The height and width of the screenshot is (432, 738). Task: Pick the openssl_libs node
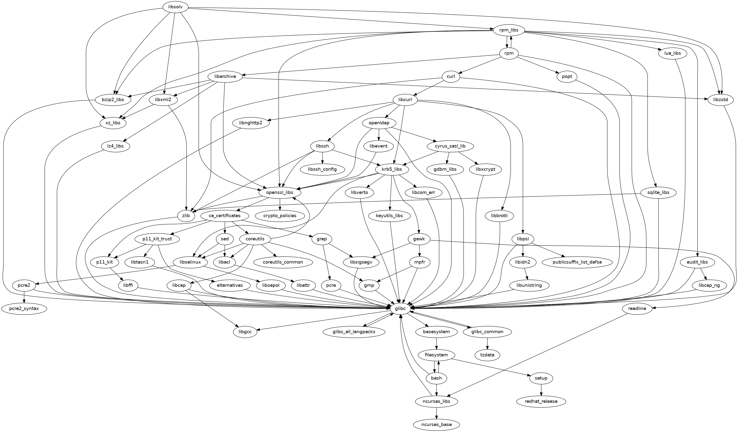pos(280,192)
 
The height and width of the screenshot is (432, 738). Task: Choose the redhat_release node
pos(541,401)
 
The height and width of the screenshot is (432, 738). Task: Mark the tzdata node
pos(487,355)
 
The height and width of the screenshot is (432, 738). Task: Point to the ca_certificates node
pos(225,216)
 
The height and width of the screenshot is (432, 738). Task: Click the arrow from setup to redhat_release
pos(541,390)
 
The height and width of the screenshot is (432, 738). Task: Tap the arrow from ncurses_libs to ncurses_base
pos(436,413)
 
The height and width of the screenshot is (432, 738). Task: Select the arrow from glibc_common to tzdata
pos(487,344)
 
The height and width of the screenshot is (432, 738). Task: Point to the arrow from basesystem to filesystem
pos(436,344)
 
